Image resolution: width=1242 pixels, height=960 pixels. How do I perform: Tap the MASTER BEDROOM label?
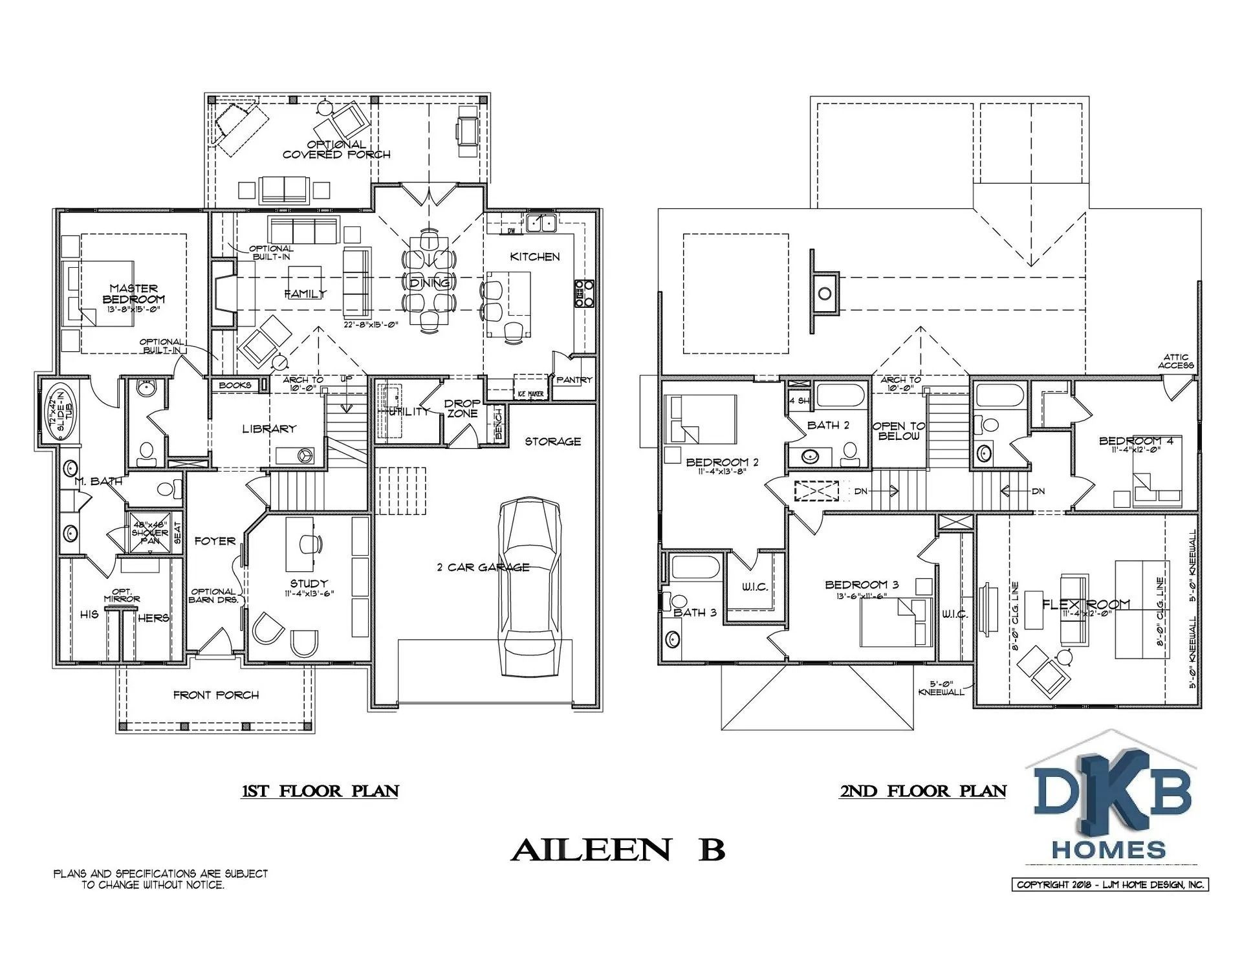coord(133,294)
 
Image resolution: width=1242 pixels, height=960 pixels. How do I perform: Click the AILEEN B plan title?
coord(618,850)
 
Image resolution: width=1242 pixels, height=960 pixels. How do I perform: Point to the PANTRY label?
coord(574,380)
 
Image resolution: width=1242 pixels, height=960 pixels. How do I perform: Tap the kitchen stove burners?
coord(585,293)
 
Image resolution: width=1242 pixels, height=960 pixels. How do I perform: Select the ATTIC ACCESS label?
coord(1175,361)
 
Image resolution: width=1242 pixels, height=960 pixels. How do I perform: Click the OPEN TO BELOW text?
coord(899,431)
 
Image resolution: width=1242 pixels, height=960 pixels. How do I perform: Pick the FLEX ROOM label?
coord(1086,604)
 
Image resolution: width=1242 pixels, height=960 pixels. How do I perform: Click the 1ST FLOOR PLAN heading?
coord(320,791)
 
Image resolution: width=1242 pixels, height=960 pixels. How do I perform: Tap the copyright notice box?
coord(1110,885)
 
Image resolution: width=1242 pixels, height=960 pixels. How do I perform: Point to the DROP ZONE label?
coord(462,408)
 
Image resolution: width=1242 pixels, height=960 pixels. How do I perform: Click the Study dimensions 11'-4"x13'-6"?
coord(309,593)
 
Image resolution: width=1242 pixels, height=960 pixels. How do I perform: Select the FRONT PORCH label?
coord(216,695)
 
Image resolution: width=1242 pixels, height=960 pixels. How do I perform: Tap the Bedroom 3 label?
coord(861,585)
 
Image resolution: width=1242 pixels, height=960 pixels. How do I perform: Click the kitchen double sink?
coord(541,223)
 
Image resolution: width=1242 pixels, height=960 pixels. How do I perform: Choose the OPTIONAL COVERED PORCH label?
coord(336,149)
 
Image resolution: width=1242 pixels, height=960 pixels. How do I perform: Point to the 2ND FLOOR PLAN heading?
coord(923,791)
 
